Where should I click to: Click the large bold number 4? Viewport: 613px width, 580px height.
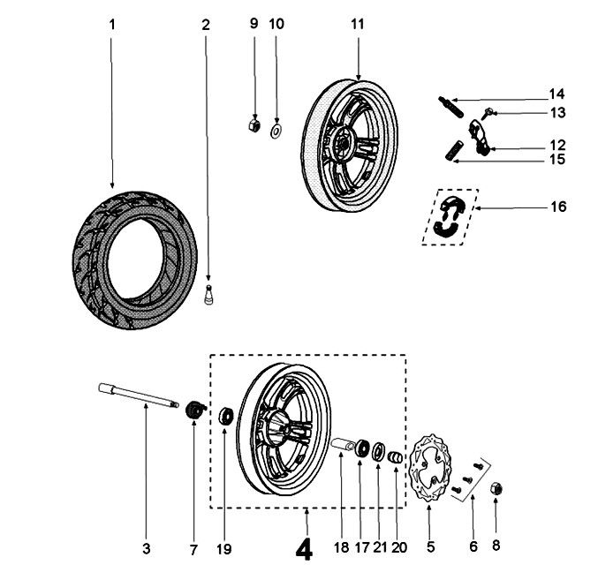point(304,550)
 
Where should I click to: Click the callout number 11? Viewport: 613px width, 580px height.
point(357,24)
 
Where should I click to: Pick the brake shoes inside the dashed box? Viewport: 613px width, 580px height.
point(451,215)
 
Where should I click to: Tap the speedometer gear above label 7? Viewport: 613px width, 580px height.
point(195,411)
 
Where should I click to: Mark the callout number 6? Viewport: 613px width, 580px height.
point(473,548)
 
